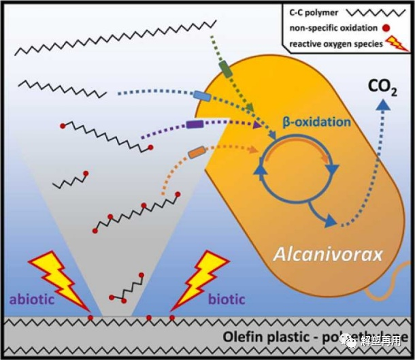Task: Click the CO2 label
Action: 384,87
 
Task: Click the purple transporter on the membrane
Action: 195,125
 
